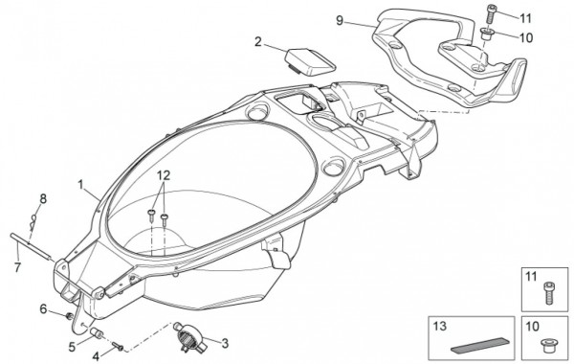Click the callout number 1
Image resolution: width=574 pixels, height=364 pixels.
tap(81, 184)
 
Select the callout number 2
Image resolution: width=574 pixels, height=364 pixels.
tap(258, 42)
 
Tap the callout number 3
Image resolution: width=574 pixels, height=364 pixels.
tap(225, 344)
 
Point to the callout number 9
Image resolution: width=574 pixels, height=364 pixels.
tap(341, 20)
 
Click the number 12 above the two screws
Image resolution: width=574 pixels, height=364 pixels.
tap(164, 175)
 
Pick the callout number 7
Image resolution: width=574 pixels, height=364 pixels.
tap(17, 267)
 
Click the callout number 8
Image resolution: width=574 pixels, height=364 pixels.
tap(43, 199)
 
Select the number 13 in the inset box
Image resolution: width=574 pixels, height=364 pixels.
tap(440, 326)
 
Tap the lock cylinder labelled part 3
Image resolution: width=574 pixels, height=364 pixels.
tap(189, 335)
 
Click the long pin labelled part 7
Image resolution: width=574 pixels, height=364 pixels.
tap(33, 247)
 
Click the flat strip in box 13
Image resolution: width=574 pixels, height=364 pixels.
tap(480, 346)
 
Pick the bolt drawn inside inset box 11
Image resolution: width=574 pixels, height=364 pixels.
tap(548, 293)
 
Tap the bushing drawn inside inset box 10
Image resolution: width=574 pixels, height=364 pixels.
tap(548, 346)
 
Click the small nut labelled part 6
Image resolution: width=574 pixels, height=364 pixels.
tap(68, 315)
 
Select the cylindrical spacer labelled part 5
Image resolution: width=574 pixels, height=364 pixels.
tap(97, 333)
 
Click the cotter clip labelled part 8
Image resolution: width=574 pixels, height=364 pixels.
tap(33, 222)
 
